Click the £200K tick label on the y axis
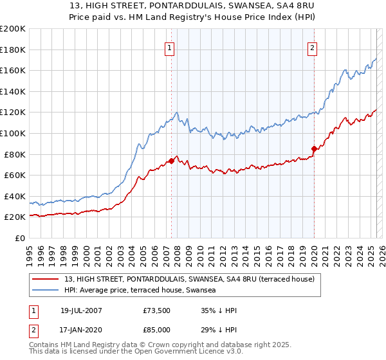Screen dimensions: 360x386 (x=13, y=29)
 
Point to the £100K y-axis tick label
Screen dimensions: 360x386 (x=13, y=133)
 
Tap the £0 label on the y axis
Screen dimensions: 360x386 (x=21, y=238)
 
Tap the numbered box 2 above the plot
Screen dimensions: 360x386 (x=312, y=48)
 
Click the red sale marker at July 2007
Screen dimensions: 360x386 (x=172, y=161)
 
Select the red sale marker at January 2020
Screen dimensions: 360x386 (x=314, y=149)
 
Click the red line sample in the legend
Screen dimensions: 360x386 (x=46, y=279)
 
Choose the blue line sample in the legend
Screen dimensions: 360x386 (x=46, y=291)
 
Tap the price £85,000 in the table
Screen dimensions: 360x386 (x=157, y=330)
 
